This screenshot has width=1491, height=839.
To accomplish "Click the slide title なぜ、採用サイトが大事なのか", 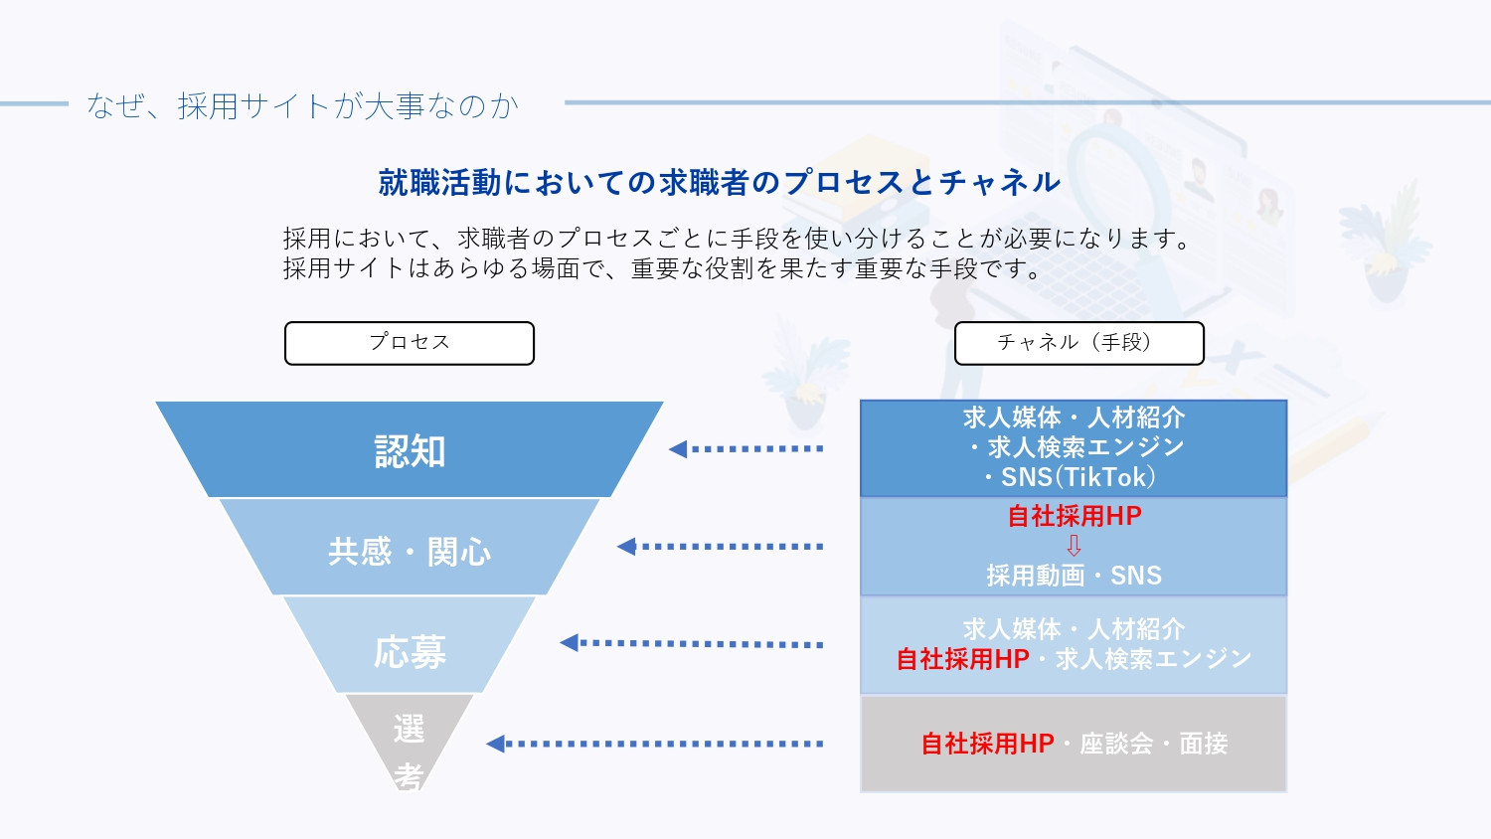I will pos(302,105).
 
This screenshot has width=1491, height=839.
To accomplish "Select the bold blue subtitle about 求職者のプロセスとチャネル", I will pos(720,182).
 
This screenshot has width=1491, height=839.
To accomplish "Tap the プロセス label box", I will pos(410,343).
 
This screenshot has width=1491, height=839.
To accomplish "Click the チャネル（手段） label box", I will pos(1078,343).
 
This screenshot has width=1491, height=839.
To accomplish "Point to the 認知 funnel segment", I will pos(410,450).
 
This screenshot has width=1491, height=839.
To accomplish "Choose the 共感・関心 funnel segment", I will pos(410,551).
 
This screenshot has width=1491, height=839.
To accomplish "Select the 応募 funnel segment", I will pos(410,651).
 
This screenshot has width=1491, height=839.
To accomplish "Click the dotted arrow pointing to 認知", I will pos(746,449).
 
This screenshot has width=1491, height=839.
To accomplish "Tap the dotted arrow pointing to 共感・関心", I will pos(721,547).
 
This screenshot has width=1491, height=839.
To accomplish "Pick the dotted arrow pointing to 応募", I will pos(692,643).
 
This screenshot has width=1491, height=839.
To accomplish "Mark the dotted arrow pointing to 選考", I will pos(655,744).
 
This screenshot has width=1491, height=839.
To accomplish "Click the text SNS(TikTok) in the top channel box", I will pos(1077,478).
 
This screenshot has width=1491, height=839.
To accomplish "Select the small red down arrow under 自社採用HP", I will pos(1074,546).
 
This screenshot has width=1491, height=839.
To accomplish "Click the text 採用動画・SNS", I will pos(1074,576).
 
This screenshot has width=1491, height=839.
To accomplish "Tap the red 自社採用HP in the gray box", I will pos(987,744).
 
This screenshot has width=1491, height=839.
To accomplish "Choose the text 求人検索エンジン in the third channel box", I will pos(1153,659).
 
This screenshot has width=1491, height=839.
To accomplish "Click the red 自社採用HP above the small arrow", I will pos(1074,516).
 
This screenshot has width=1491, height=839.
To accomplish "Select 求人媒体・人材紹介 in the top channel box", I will pos(1074,418).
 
